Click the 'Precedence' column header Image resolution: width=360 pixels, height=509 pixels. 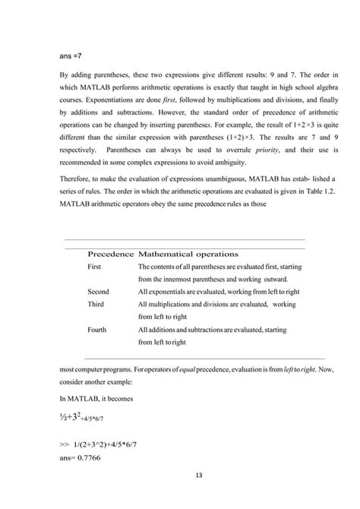coord(111,253)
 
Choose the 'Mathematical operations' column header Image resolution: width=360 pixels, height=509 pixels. coord(188,253)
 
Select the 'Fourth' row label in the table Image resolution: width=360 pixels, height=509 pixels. coord(97,330)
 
